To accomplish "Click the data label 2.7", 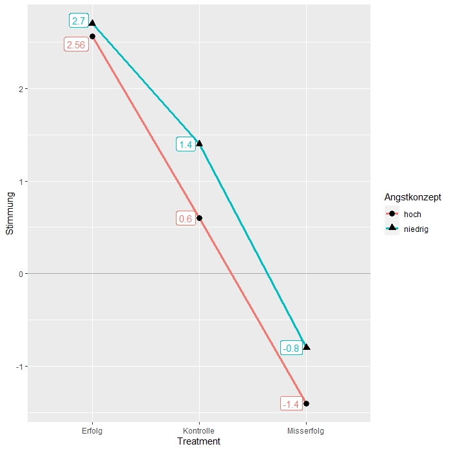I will (79, 21).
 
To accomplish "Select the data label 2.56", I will (75, 45).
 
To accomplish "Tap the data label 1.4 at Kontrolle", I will (186, 144).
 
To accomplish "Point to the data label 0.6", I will (186, 219).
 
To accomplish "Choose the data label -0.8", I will (291, 349).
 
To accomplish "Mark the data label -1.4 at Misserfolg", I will (291, 405).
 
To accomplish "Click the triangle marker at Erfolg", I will (92, 23).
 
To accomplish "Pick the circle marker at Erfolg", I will (92, 37).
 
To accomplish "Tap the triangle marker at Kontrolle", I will (199, 143).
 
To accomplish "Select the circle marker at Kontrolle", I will (199, 218).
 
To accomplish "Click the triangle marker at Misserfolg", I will (306, 347).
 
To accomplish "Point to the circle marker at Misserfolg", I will (306, 403).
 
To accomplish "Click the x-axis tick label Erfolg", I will (92, 430).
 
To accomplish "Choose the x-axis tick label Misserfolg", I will (306, 430).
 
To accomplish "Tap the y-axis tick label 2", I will (21, 89).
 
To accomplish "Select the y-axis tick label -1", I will (20, 367).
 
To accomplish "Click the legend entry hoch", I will (412, 214).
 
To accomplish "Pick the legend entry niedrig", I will (416, 228).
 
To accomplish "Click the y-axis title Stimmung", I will (9, 218).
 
